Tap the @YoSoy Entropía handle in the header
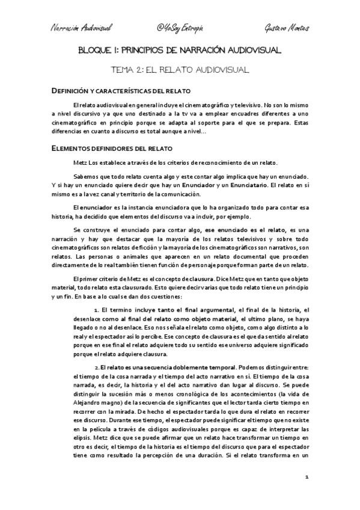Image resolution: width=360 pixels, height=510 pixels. point(180,28)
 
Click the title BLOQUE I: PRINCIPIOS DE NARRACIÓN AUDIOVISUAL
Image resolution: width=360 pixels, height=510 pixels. point(180,52)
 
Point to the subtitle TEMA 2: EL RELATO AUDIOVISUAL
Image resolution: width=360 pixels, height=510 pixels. point(180,70)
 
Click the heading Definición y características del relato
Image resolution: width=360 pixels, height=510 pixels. point(119,91)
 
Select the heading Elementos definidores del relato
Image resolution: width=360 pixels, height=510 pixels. point(112,147)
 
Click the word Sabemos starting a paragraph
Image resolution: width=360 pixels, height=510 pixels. point(85,176)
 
